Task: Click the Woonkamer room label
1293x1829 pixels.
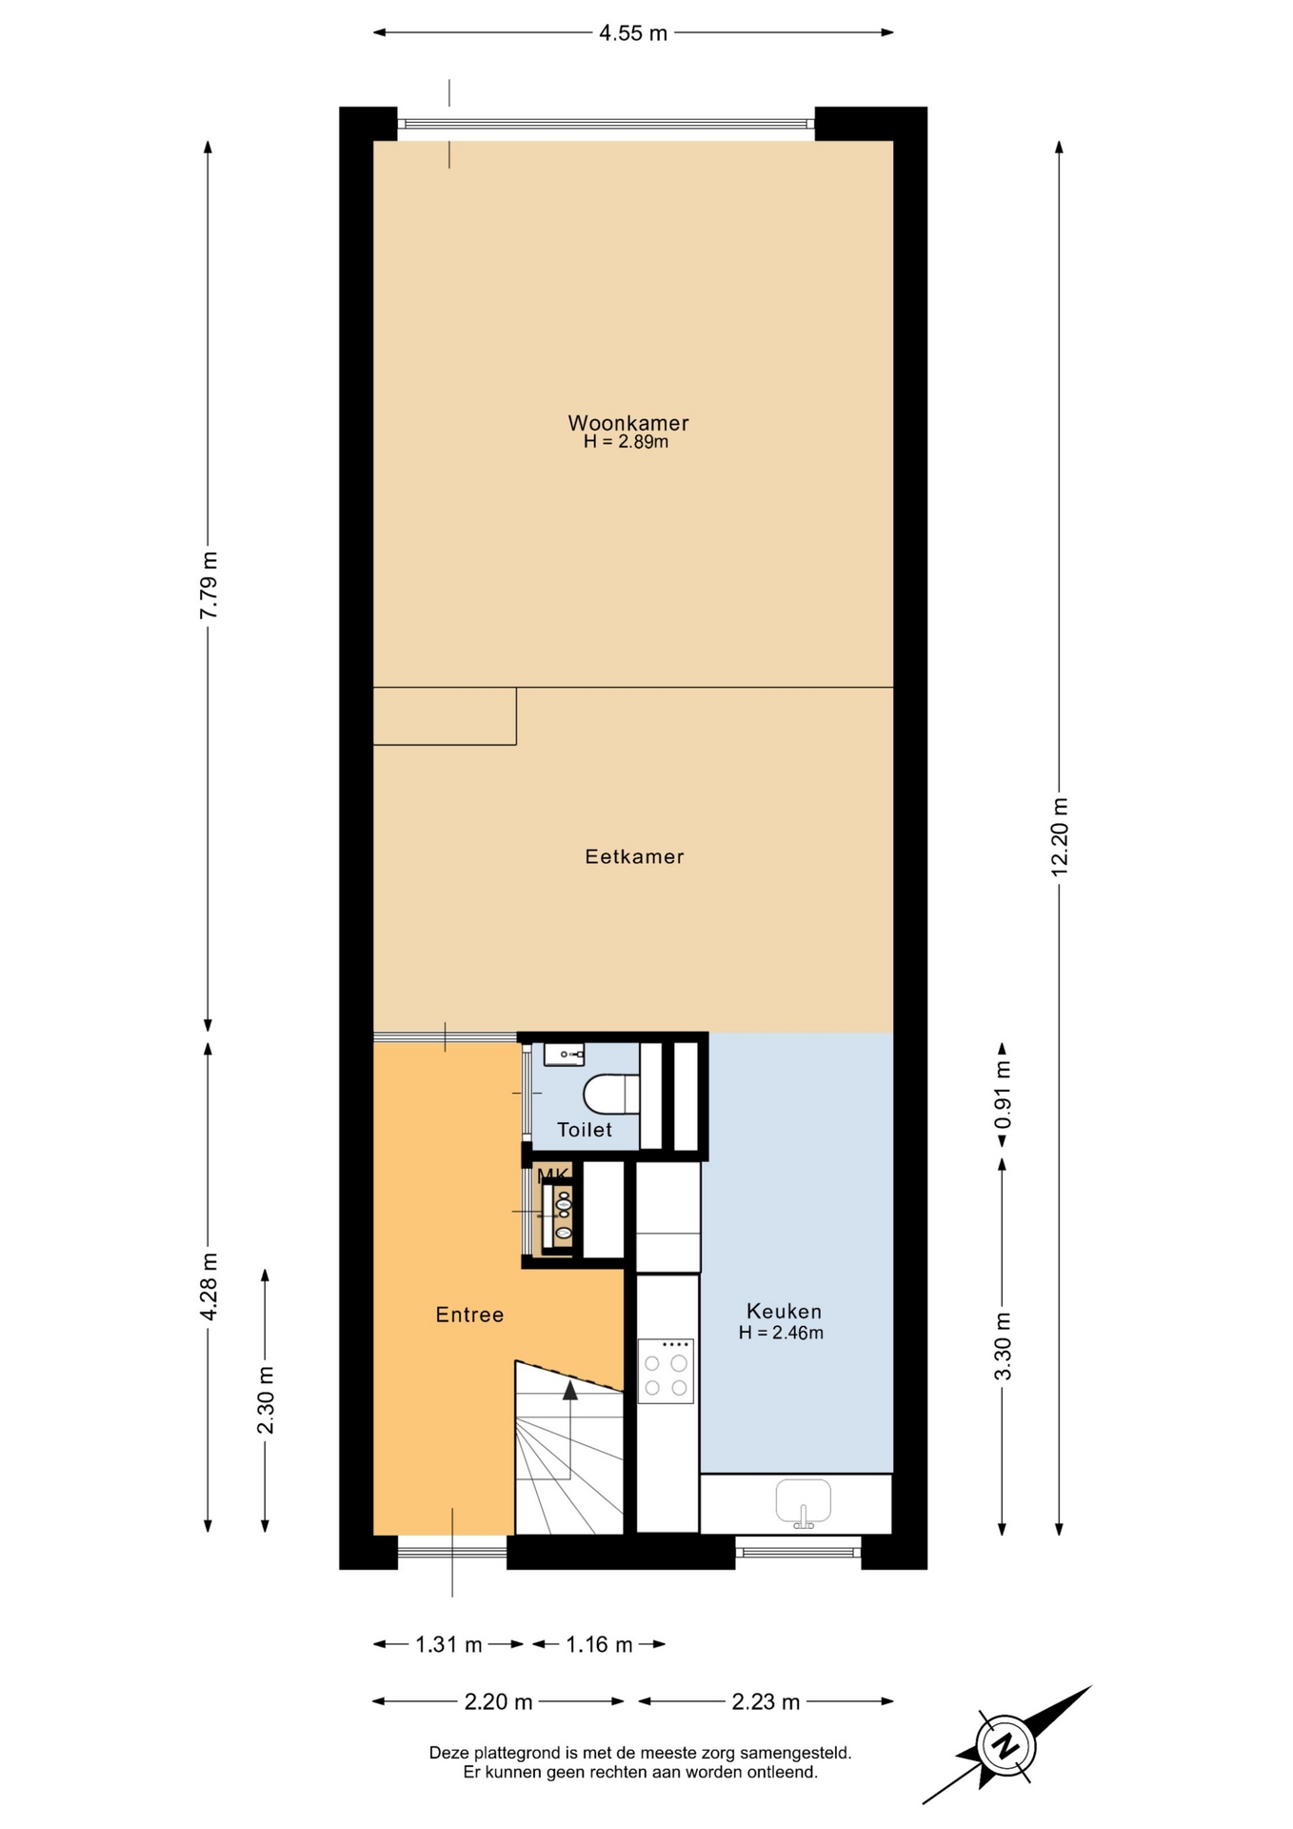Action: coord(627,423)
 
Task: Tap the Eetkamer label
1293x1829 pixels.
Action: coord(634,856)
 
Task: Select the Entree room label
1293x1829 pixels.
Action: coord(469,1315)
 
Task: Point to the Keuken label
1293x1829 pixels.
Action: coord(784,1312)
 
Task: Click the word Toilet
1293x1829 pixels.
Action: coord(585,1130)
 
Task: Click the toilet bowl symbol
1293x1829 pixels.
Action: coord(610,1094)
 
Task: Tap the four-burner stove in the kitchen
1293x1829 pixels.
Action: coord(666,1371)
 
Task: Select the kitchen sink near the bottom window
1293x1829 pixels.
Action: coord(804,1503)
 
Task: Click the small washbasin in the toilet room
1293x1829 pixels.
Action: coord(564,1054)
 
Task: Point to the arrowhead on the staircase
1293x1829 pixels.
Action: coord(570,1390)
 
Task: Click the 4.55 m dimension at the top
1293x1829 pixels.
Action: coord(633,33)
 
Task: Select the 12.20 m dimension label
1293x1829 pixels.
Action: coord(1060,837)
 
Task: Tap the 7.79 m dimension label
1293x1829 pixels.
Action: coord(209,585)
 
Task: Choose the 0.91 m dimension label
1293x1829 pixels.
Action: coord(1003,1094)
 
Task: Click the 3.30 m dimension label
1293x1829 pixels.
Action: coord(1003,1346)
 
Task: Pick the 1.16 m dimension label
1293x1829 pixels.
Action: coord(599,1644)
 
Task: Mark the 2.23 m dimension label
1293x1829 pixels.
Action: coord(766,1701)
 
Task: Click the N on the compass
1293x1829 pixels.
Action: coord(1005,1747)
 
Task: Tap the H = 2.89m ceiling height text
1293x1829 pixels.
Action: coord(626,442)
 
